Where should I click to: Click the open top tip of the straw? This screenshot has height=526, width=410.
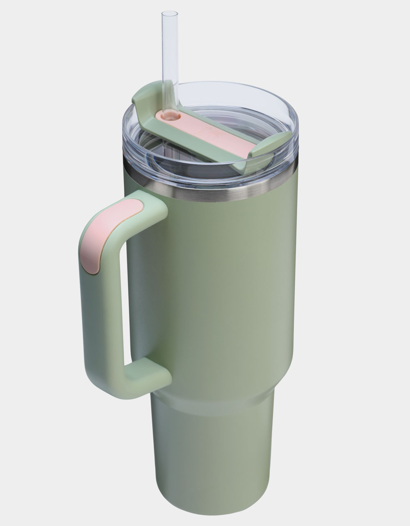tap(169, 13)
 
